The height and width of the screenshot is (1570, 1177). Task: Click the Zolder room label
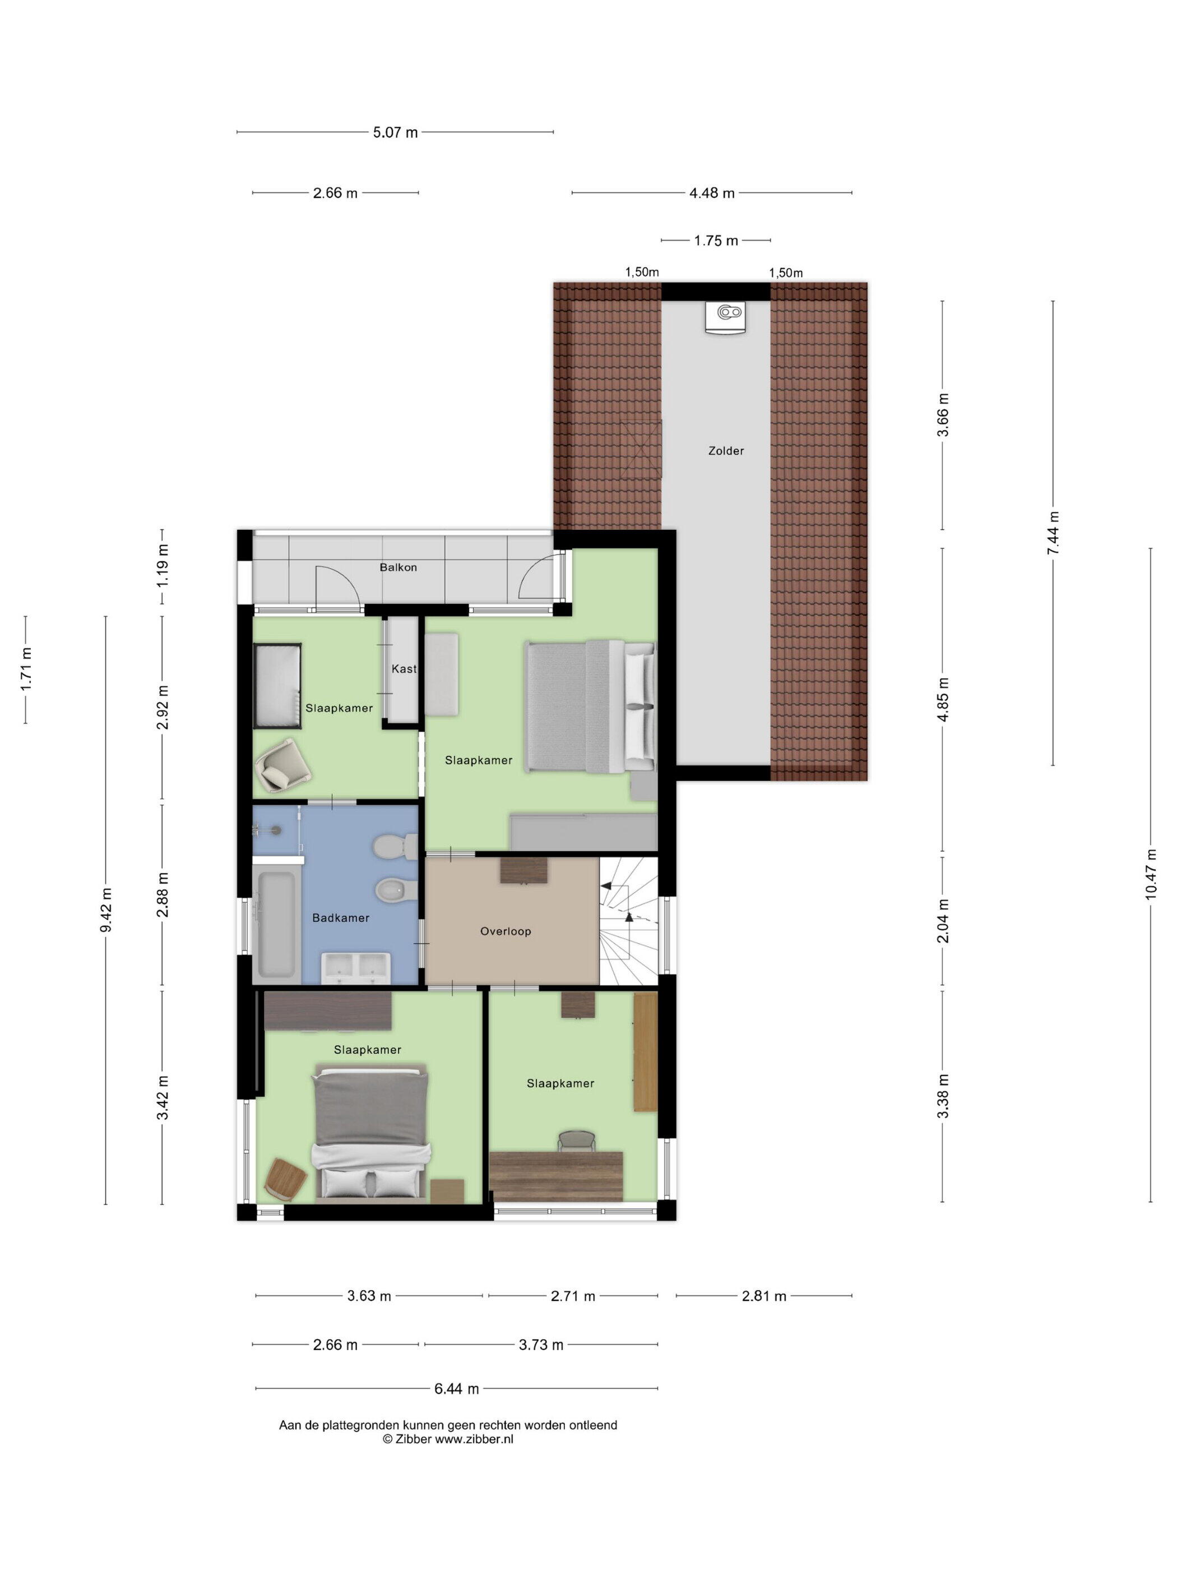pos(726,451)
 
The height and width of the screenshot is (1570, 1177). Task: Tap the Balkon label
pos(398,567)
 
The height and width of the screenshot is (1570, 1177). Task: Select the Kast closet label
pos(404,668)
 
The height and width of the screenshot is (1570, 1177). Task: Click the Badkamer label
pos(341,918)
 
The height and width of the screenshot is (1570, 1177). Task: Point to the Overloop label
pos(505,931)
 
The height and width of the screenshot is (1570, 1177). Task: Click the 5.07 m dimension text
pos(395,132)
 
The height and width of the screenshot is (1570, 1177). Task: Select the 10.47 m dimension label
pos(1151,874)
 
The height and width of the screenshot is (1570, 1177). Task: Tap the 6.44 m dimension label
pos(456,1389)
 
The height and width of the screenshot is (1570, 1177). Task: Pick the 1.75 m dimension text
pos(716,241)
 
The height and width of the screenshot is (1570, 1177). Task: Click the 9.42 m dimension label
pos(106,911)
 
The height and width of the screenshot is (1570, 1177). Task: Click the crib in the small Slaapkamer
pos(277,685)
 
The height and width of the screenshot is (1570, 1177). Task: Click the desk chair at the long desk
pos(576,1140)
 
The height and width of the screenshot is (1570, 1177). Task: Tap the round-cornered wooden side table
pos(286,1180)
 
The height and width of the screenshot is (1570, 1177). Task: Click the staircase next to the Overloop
pos(629,921)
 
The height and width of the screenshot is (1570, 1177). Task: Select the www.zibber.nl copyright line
pos(448,1439)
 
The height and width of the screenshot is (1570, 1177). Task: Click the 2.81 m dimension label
pos(763,1296)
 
